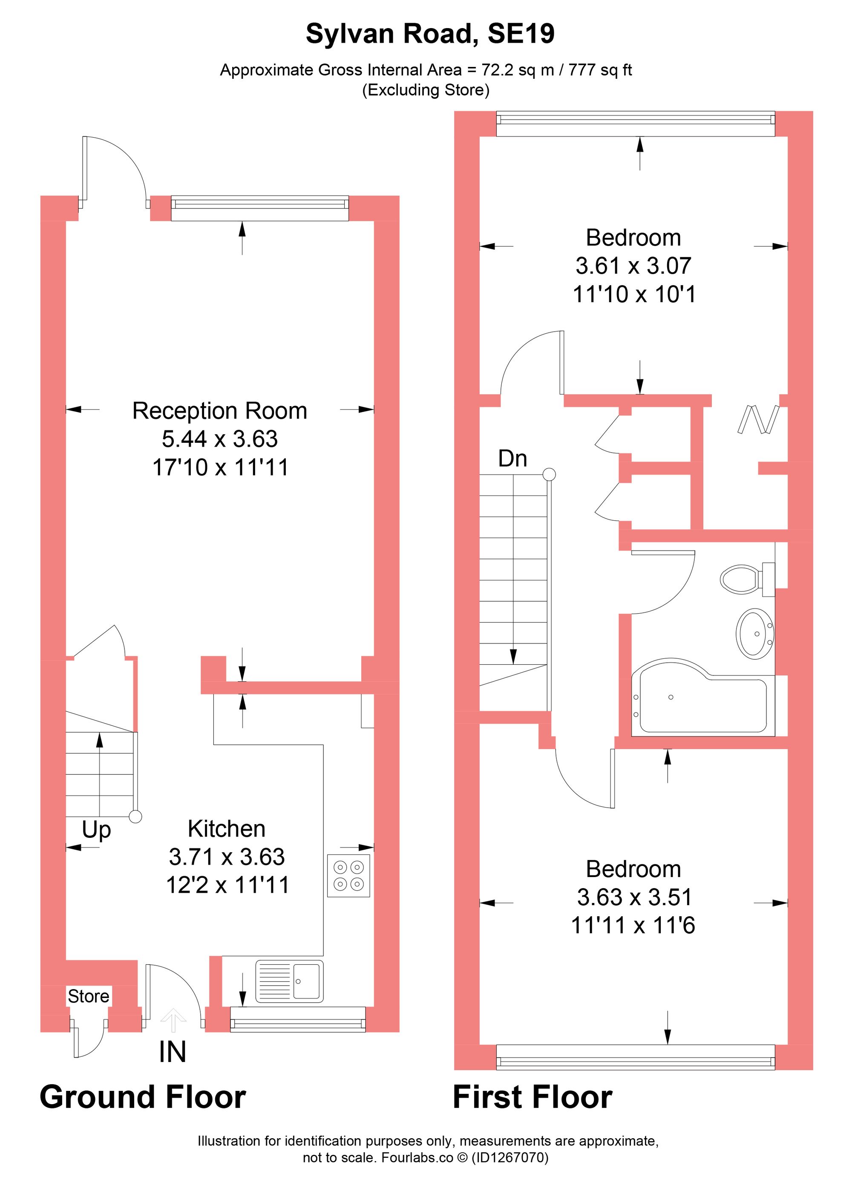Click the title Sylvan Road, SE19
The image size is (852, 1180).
coord(430,35)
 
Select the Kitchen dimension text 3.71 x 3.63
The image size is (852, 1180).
coord(227,857)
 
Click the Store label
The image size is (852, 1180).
coord(89,996)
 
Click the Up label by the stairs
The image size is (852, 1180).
coord(96,829)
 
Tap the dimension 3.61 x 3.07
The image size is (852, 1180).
coord(633,266)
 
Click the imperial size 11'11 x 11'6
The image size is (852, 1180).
coord(633,926)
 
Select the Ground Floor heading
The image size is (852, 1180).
coord(143,1098)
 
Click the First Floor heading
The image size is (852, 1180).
coord(532,1098)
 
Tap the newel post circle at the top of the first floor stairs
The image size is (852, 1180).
coord(549,474)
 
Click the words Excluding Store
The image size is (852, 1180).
coord(426,90)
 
